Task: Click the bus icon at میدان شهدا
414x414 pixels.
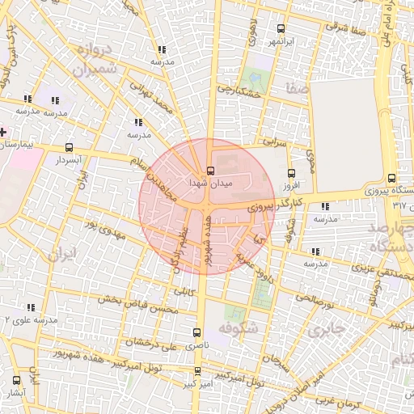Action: point(210,171)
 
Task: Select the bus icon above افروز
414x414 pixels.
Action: point(292,172)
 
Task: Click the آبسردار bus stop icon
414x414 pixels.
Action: point(69,148)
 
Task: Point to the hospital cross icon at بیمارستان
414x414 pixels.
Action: point(3,131)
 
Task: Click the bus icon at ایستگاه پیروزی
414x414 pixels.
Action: point(392,179)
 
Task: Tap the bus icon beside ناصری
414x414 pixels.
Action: point(198,332)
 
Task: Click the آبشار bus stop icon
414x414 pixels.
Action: point(16,380)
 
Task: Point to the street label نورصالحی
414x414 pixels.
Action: point(315,298)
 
